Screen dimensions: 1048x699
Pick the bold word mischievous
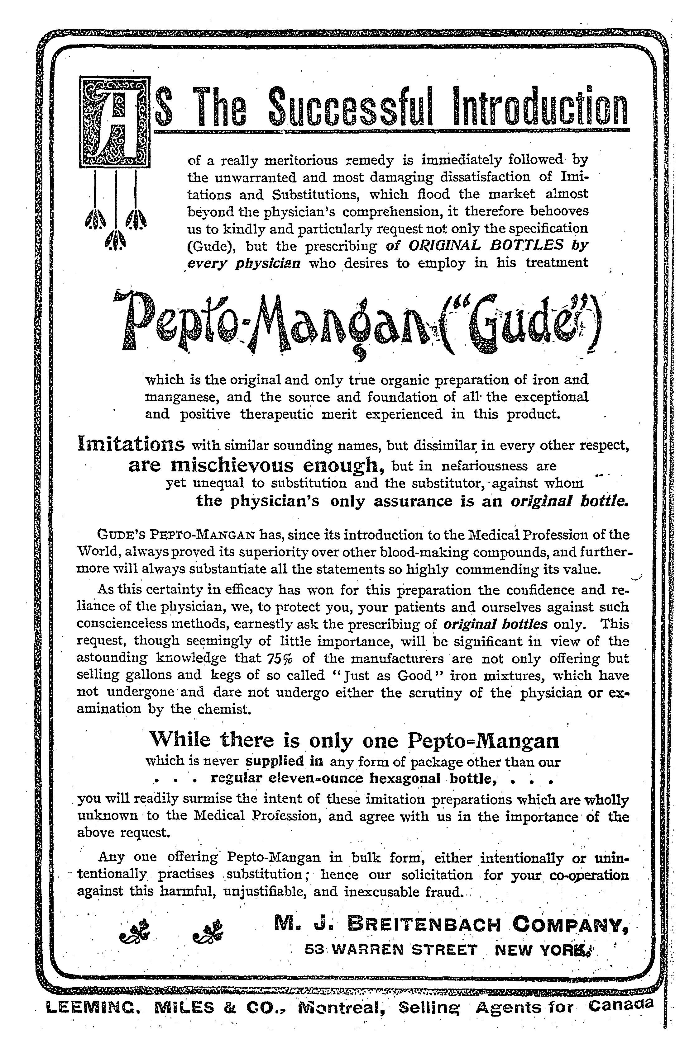pos(233,465)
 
